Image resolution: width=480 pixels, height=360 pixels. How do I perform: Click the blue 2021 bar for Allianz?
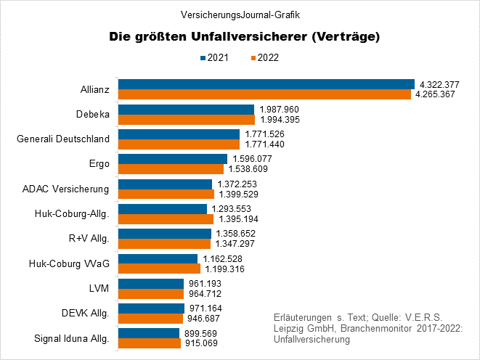(x=266, y=84)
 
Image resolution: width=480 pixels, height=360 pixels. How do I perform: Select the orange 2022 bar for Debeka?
(x=187, y=119)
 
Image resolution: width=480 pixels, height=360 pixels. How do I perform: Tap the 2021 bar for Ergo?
(x=173, y=159)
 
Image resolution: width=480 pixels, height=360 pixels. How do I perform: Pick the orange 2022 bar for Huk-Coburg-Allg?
(x=166, y=218)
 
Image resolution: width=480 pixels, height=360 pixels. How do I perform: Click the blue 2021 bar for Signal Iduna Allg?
(x=149, y=333)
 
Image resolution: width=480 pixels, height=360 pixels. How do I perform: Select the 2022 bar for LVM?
(x=151, y=293)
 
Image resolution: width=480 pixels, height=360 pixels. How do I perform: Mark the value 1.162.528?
(x=221, y=258)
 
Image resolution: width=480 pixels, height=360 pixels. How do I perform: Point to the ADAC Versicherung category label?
(x=67, y=189)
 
